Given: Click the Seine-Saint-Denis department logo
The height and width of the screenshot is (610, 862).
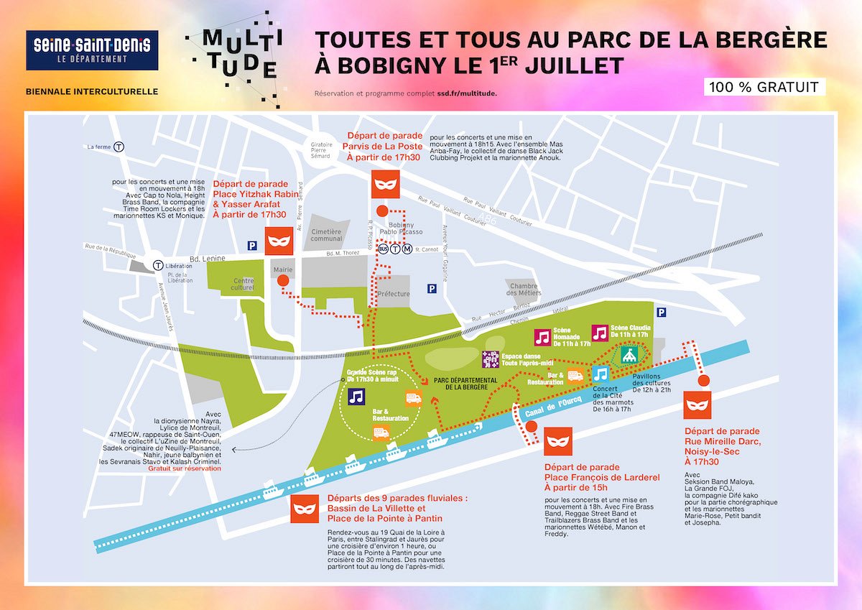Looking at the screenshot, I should [x=92, y=50].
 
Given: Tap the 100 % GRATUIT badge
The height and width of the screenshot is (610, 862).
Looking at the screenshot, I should [x=763, y=88].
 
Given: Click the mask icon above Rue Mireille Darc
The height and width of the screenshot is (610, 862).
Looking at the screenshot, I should [x=697, y=406].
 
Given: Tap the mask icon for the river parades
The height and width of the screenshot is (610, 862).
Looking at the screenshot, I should [x=305, y=509].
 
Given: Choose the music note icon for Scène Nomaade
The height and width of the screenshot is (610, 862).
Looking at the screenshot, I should [x=542, y=338].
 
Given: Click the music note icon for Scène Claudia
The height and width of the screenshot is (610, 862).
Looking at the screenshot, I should [x=600, y=333].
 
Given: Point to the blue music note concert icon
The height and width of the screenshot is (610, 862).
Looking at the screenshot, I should [x=601, y=374].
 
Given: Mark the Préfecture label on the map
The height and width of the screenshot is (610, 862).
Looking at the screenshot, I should [x=394, y=294].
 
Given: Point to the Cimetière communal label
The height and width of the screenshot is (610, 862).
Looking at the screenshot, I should [x=328, y=236].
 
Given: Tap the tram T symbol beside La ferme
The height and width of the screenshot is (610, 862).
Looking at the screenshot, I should [x=119, y=147].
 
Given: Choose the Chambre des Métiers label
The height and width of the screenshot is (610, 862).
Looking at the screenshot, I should [x=522, y=289].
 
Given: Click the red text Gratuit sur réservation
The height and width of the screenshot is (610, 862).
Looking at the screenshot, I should [x=185, y=468].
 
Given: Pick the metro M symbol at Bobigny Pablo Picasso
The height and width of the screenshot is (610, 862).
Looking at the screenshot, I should [x=407, y=249].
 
